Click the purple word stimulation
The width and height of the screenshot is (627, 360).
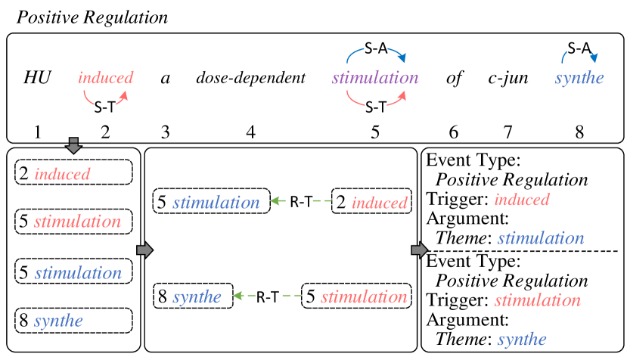pos(375,79)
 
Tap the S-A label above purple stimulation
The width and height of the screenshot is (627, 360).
pos(376,49)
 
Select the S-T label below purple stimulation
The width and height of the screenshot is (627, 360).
pos(376,107)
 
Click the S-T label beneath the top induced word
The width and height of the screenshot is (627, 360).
pos(105,107)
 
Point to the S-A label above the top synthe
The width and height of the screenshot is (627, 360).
pos(579,49)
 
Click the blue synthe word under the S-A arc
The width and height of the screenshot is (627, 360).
pos(579,79)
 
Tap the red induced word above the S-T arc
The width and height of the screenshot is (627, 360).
pos(106,78)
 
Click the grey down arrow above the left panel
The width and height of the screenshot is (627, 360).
pos(73,145)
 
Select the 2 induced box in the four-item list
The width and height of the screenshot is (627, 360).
pos(73,173)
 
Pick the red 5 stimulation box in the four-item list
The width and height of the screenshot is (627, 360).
pos(73,222)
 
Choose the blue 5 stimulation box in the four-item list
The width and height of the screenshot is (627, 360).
pos(73,272)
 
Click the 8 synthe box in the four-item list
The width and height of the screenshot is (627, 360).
pos(73,320)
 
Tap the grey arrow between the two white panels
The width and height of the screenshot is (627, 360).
pos(144,250)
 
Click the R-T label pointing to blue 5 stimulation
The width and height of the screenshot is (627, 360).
pos(301,202)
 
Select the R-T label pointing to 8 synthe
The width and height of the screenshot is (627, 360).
pos(266,297)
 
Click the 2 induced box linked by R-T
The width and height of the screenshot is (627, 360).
pos(371,202)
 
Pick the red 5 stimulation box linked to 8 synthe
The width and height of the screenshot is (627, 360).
pos(356,297)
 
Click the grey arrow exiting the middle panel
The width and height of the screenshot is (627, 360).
pos(418,250)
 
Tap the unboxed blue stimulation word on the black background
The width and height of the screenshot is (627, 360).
pos(541,239)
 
